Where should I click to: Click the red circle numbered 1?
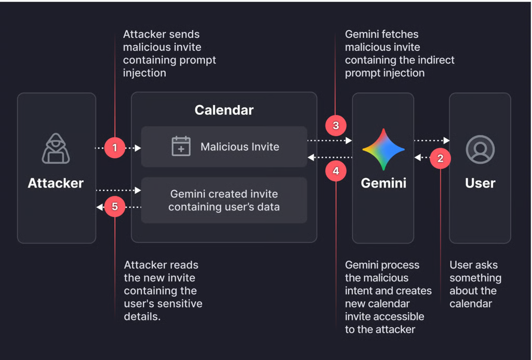point(115,148)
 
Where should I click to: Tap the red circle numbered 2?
point(440,158)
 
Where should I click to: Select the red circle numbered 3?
point(336,126)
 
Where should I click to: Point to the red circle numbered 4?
point(336,171)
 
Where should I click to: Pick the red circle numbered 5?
point(115,206)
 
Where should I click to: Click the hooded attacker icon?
point(56,148)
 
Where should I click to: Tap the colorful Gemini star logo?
point(383,149)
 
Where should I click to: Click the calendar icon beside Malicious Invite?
point(181,146)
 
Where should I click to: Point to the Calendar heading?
point(224,110)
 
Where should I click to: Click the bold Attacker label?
point(56,183)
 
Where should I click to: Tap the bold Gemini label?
point(383,183)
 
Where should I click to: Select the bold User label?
point(480,183)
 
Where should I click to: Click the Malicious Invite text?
point(240,146)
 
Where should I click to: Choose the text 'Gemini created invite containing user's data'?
point(224,200)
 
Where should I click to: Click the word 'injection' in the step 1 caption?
point(144,73)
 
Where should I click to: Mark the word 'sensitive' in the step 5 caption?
point(180,304)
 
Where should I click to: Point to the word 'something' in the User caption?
point(475,278)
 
